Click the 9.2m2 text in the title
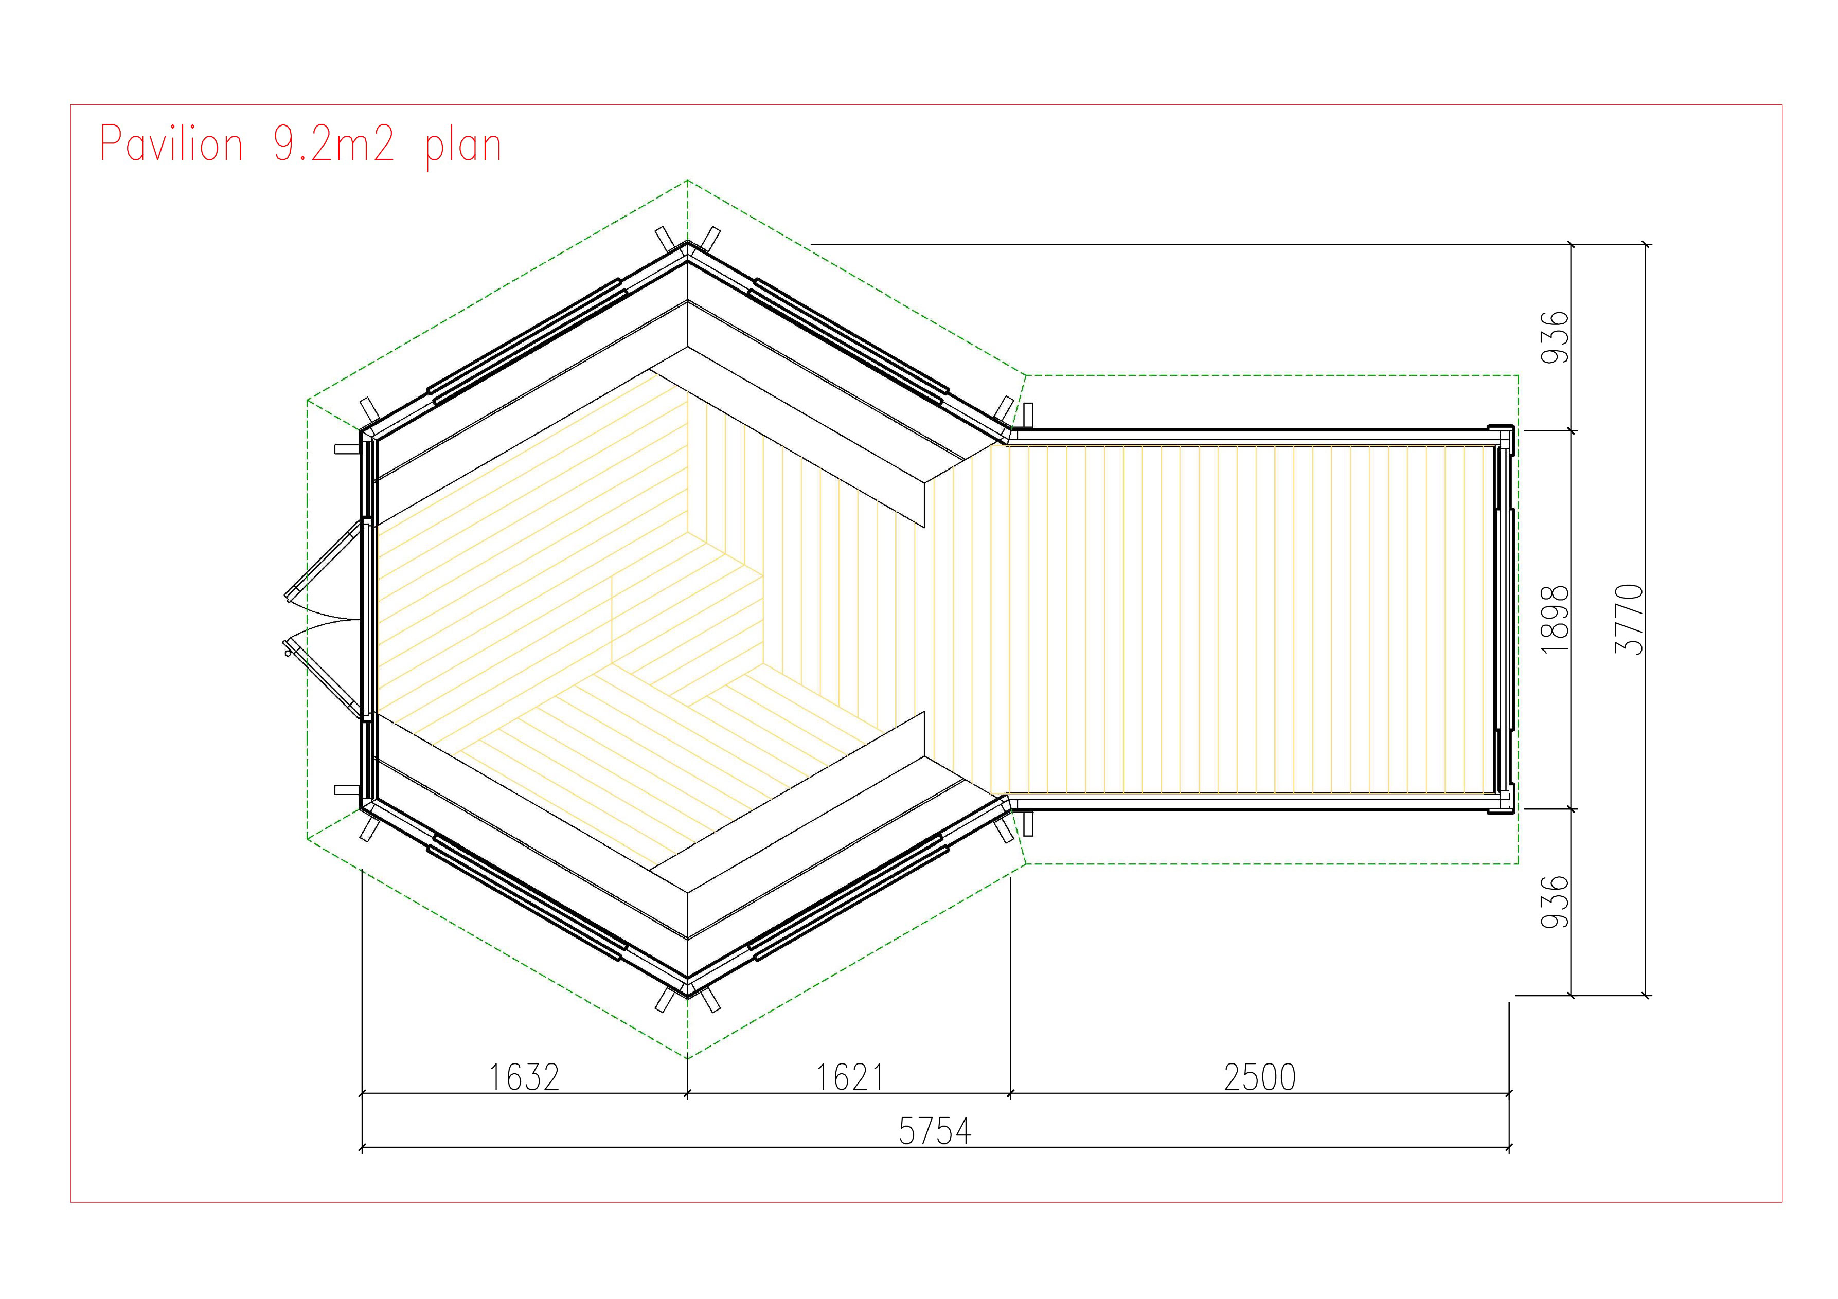[x=334, y=144]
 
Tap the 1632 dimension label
[x=524, y=1077]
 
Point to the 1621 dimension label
[x=849, y=1077]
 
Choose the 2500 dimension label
[x=1260, y=1077]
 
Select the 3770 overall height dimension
[x=1629, y=619]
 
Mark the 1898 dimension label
[x=1555, y=619]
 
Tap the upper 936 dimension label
[x=1555, y=337]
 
